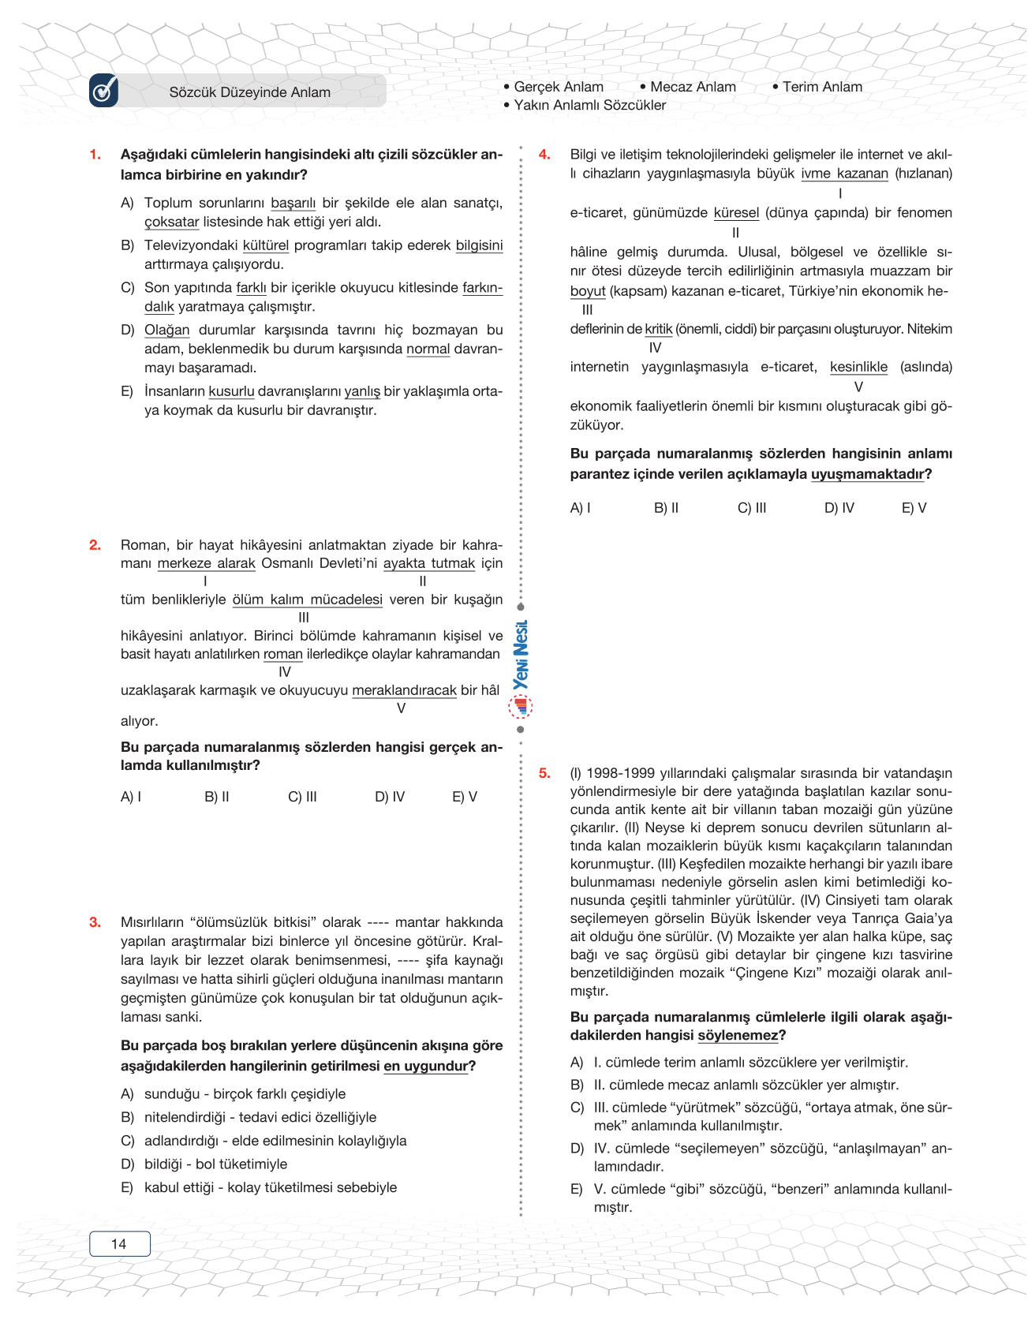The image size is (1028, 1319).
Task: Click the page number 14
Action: click(x=119, y=1244)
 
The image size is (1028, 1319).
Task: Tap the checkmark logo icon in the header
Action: click(x=103, y=91)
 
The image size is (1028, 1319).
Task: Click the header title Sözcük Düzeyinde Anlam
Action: click(x=249, y=92)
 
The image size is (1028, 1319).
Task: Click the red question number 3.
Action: click(x=95, y=922)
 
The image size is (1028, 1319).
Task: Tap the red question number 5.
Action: click(x=544, y=773)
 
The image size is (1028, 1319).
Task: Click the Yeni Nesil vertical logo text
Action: click(x=521, y=656)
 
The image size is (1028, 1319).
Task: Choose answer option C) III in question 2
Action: click(x=302, y=797)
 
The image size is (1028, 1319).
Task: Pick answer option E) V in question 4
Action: click(x=914, y=508)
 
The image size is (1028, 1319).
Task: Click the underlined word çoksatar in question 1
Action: click(x=171, y=222)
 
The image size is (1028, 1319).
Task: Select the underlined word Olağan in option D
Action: click(x=166, y=330)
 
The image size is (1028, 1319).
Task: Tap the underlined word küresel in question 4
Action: click(x=736, y=213)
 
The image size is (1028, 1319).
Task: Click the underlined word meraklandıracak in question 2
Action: click(x=404, y=690)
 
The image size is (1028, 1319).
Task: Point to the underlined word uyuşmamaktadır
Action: click(x=867, y=474)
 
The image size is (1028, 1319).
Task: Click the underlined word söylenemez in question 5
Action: click(x=738, y=1035)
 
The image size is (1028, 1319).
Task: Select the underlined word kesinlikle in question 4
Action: click(x=858, y=367)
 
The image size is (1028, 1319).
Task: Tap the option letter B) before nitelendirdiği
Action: click(x=127, y=1117)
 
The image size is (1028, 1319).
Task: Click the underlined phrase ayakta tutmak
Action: click(x=429, y=563)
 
